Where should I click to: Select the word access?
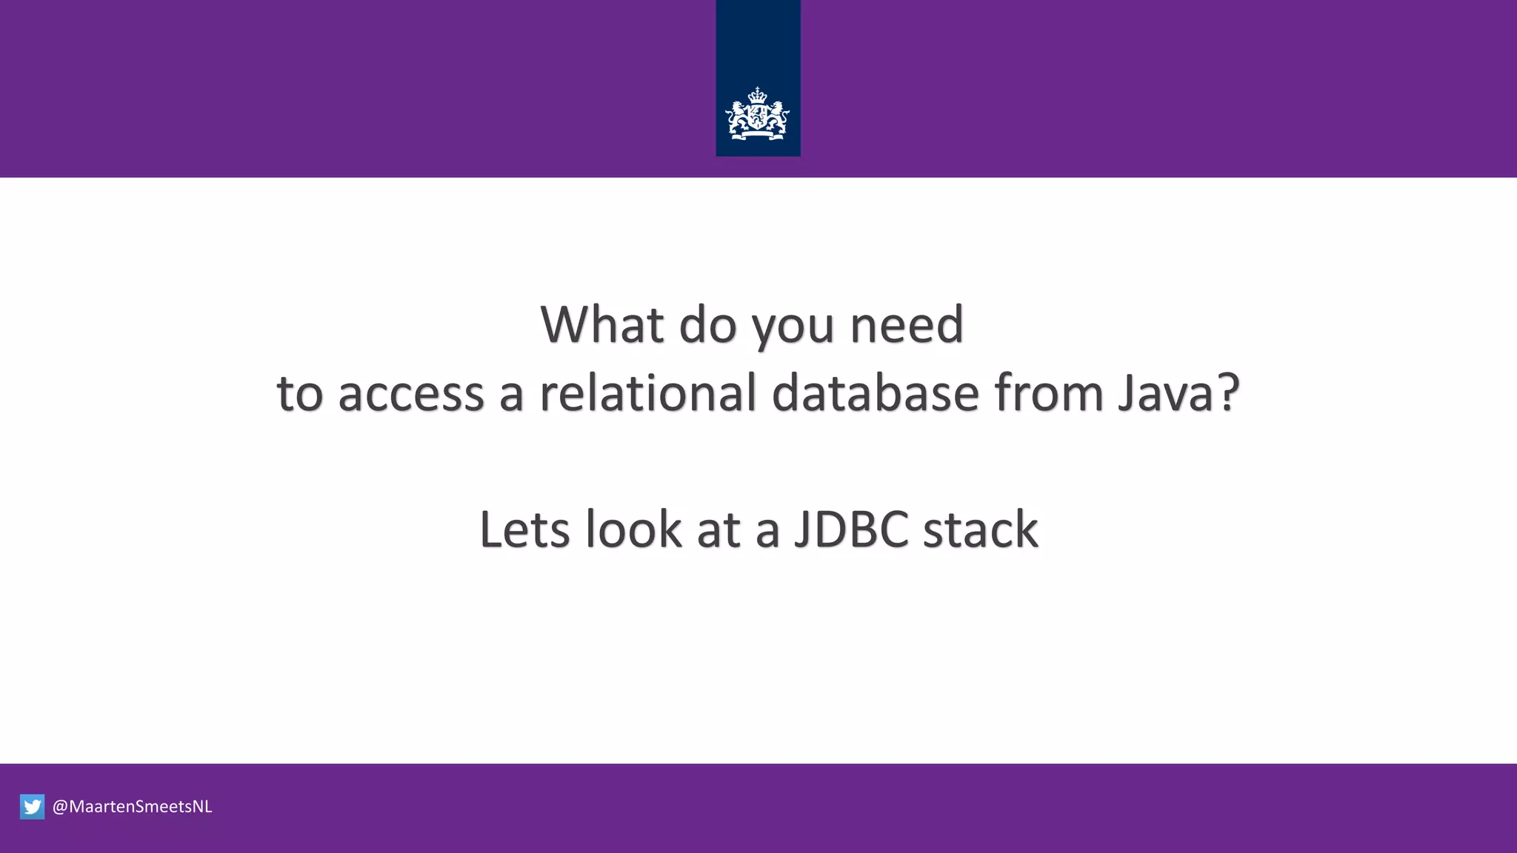click(411, 393)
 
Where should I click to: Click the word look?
click(633, 529)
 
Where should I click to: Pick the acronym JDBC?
click(851, 529)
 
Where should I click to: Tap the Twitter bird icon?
click(33, 806)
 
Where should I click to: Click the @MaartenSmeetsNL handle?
click(133, 806)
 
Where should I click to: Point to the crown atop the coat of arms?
click(757, 95)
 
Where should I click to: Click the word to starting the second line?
click(299, 393)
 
